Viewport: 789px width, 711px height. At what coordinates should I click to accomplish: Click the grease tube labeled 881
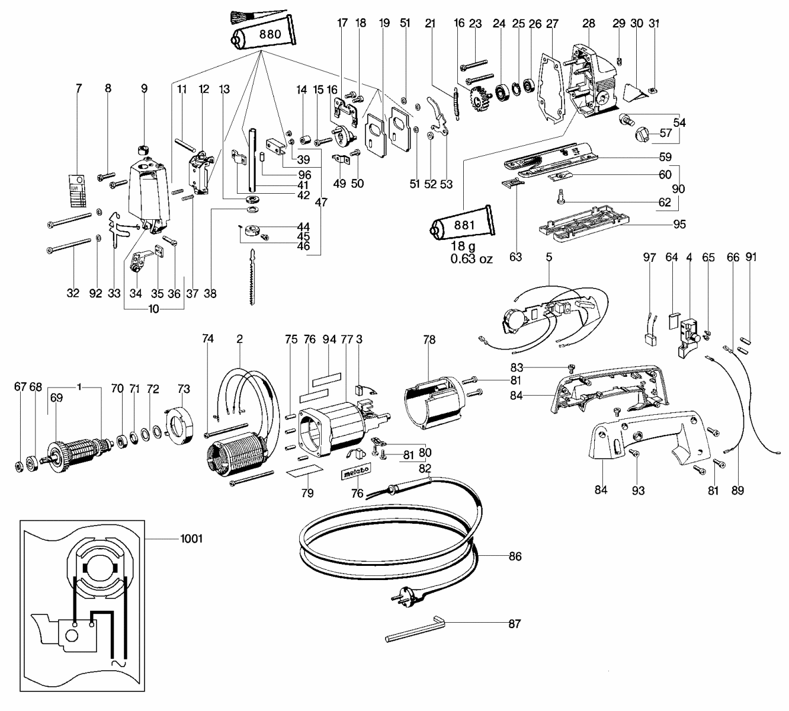(463, 226)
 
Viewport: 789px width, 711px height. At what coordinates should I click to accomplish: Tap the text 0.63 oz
(470, 258)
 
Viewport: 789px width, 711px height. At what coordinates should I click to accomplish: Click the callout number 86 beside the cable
(515, 556)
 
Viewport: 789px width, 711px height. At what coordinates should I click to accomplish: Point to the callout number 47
(321, 202)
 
